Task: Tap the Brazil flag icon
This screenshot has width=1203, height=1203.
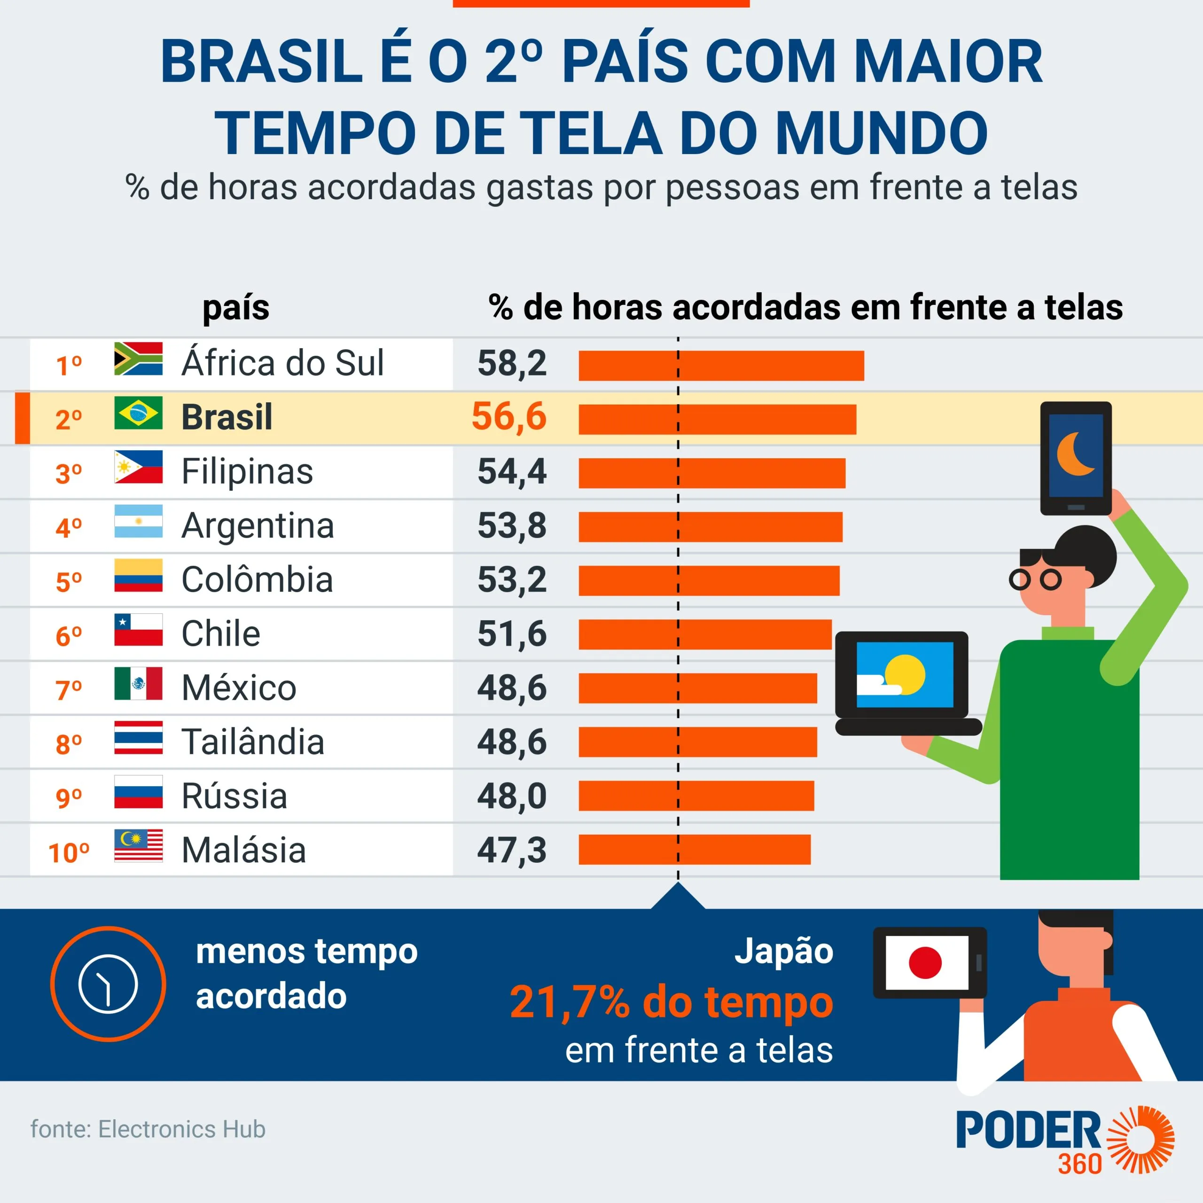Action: pos(138,413)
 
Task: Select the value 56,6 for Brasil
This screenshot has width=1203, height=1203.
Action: pos(509,416)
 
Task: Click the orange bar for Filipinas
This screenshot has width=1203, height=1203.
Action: pos(712,473)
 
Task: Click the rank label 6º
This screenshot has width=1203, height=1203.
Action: pos(69,636)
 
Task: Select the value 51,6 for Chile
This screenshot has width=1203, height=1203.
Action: pos(512,634)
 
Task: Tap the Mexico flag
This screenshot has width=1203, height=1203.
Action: pos(138,684)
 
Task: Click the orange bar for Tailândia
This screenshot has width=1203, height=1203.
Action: pos(697,742)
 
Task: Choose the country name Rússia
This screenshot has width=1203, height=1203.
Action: pos(234,796)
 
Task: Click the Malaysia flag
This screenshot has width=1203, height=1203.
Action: pos(138,845)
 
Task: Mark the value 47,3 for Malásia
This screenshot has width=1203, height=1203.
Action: pos(512,850)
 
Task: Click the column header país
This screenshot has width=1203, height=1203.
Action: pos(236,308)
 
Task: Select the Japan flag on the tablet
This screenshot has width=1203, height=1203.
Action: pos(926,963)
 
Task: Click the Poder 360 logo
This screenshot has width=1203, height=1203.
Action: pos(1065,1141)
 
